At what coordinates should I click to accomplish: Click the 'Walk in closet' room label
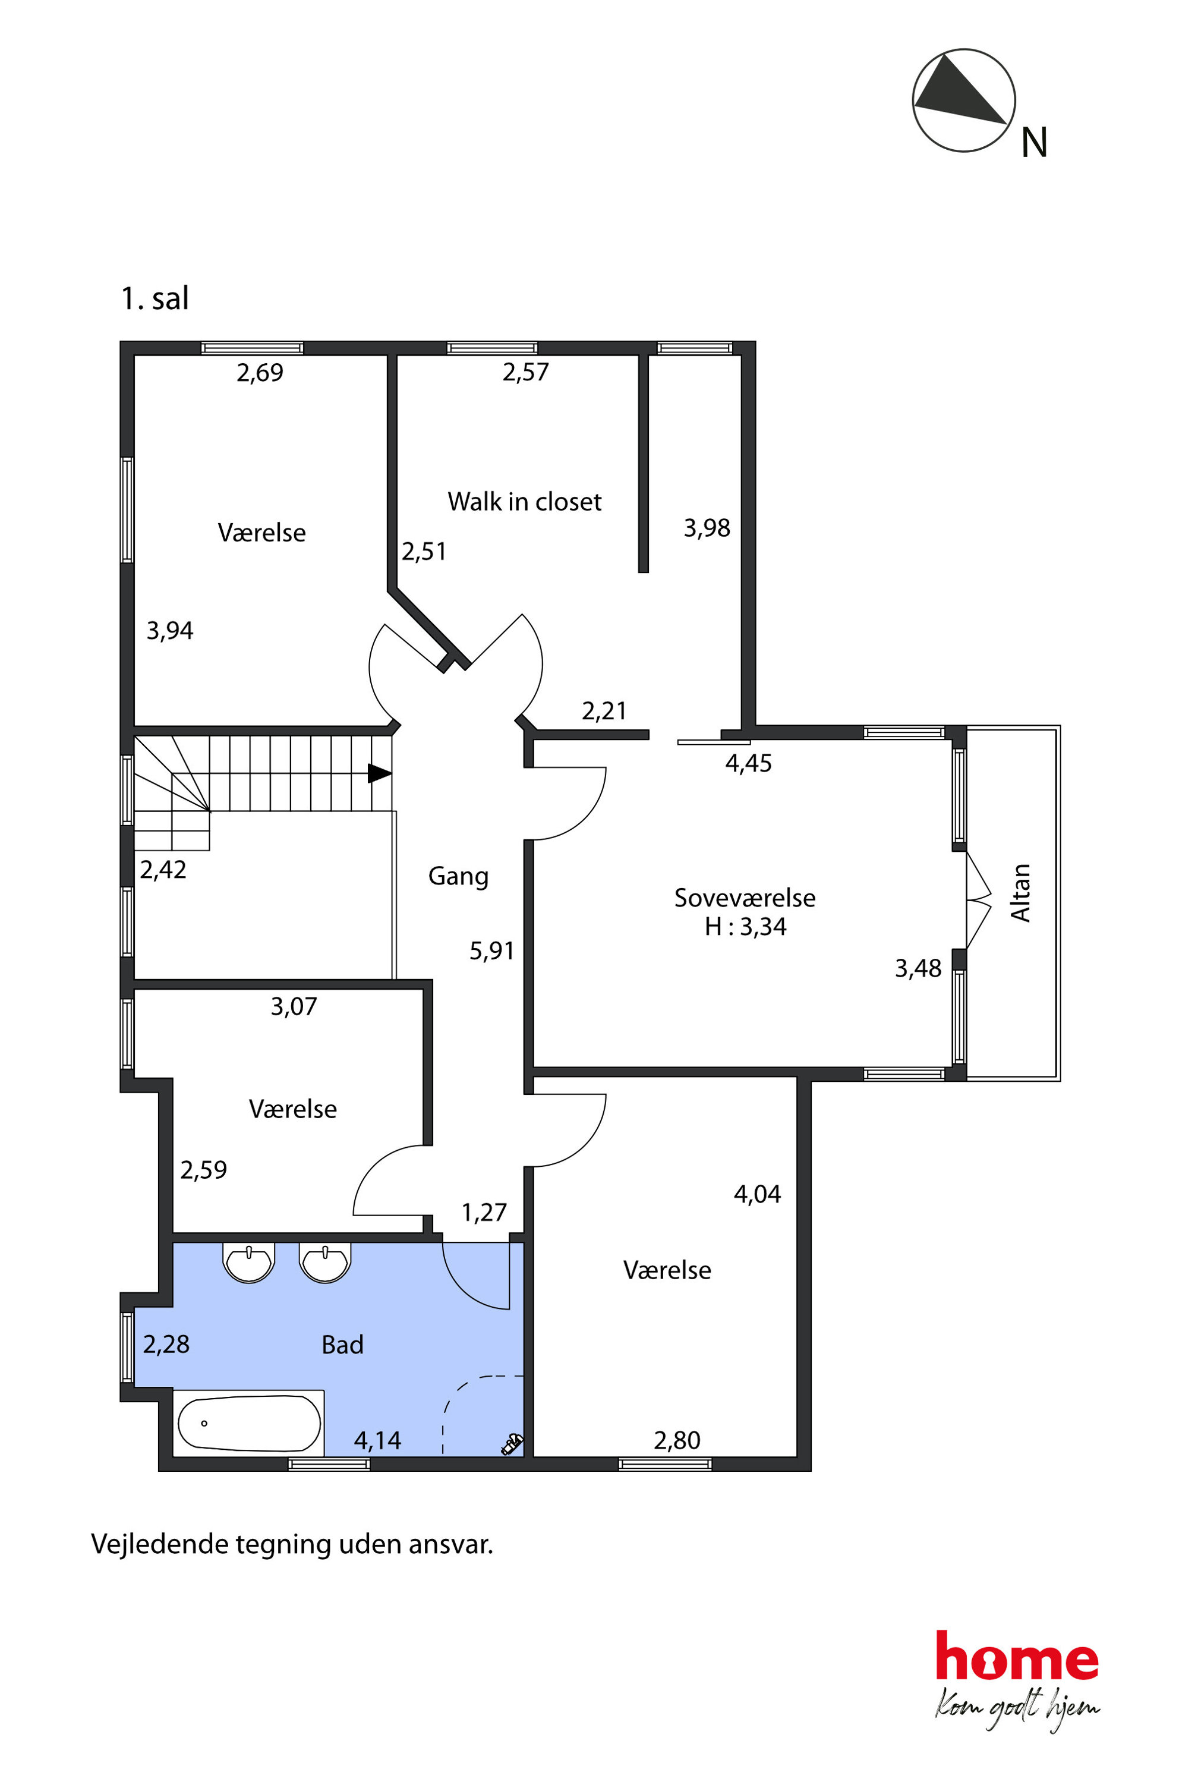point(524,502)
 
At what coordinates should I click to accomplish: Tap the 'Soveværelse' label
point(745,898)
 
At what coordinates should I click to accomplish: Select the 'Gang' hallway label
point(458,876)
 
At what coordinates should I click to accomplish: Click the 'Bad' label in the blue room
point(342,1344)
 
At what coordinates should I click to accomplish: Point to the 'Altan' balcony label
point(1020,892)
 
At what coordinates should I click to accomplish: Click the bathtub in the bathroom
point(250,1423)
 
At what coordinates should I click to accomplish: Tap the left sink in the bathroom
point(248,1262)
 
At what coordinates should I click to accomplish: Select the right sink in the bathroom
point(325,1262)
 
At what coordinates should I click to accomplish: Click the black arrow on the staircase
point(380,773)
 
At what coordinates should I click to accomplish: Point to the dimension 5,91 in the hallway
point(492,950)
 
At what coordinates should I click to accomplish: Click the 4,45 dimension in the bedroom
point(748,763)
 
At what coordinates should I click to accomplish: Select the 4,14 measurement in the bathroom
point(377,1440)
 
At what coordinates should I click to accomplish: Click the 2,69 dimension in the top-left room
point(260,372)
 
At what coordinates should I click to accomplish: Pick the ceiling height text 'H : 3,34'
point(745,927)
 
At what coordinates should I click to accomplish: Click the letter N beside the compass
point(1035,142)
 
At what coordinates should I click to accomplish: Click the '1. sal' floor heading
point(155,298)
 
